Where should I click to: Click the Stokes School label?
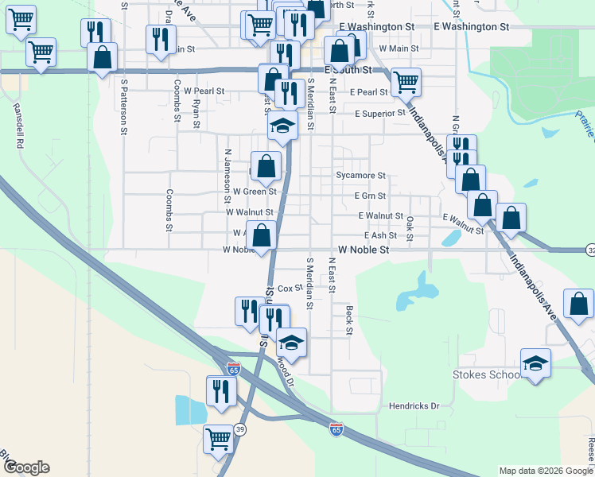point(485,374)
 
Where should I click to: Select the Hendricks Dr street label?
point(414,406)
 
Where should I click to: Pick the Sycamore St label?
point(360,175)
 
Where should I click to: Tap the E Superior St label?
point(380,113)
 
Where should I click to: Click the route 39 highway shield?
point(239,429)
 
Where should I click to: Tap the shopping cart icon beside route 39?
point(218,438)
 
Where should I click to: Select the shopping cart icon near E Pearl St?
point(406,81)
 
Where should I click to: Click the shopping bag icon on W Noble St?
point(261,235)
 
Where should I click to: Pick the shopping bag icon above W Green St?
point(267,166)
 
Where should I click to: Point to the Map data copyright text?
point(545,471)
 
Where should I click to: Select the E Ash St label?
point(380,236)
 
